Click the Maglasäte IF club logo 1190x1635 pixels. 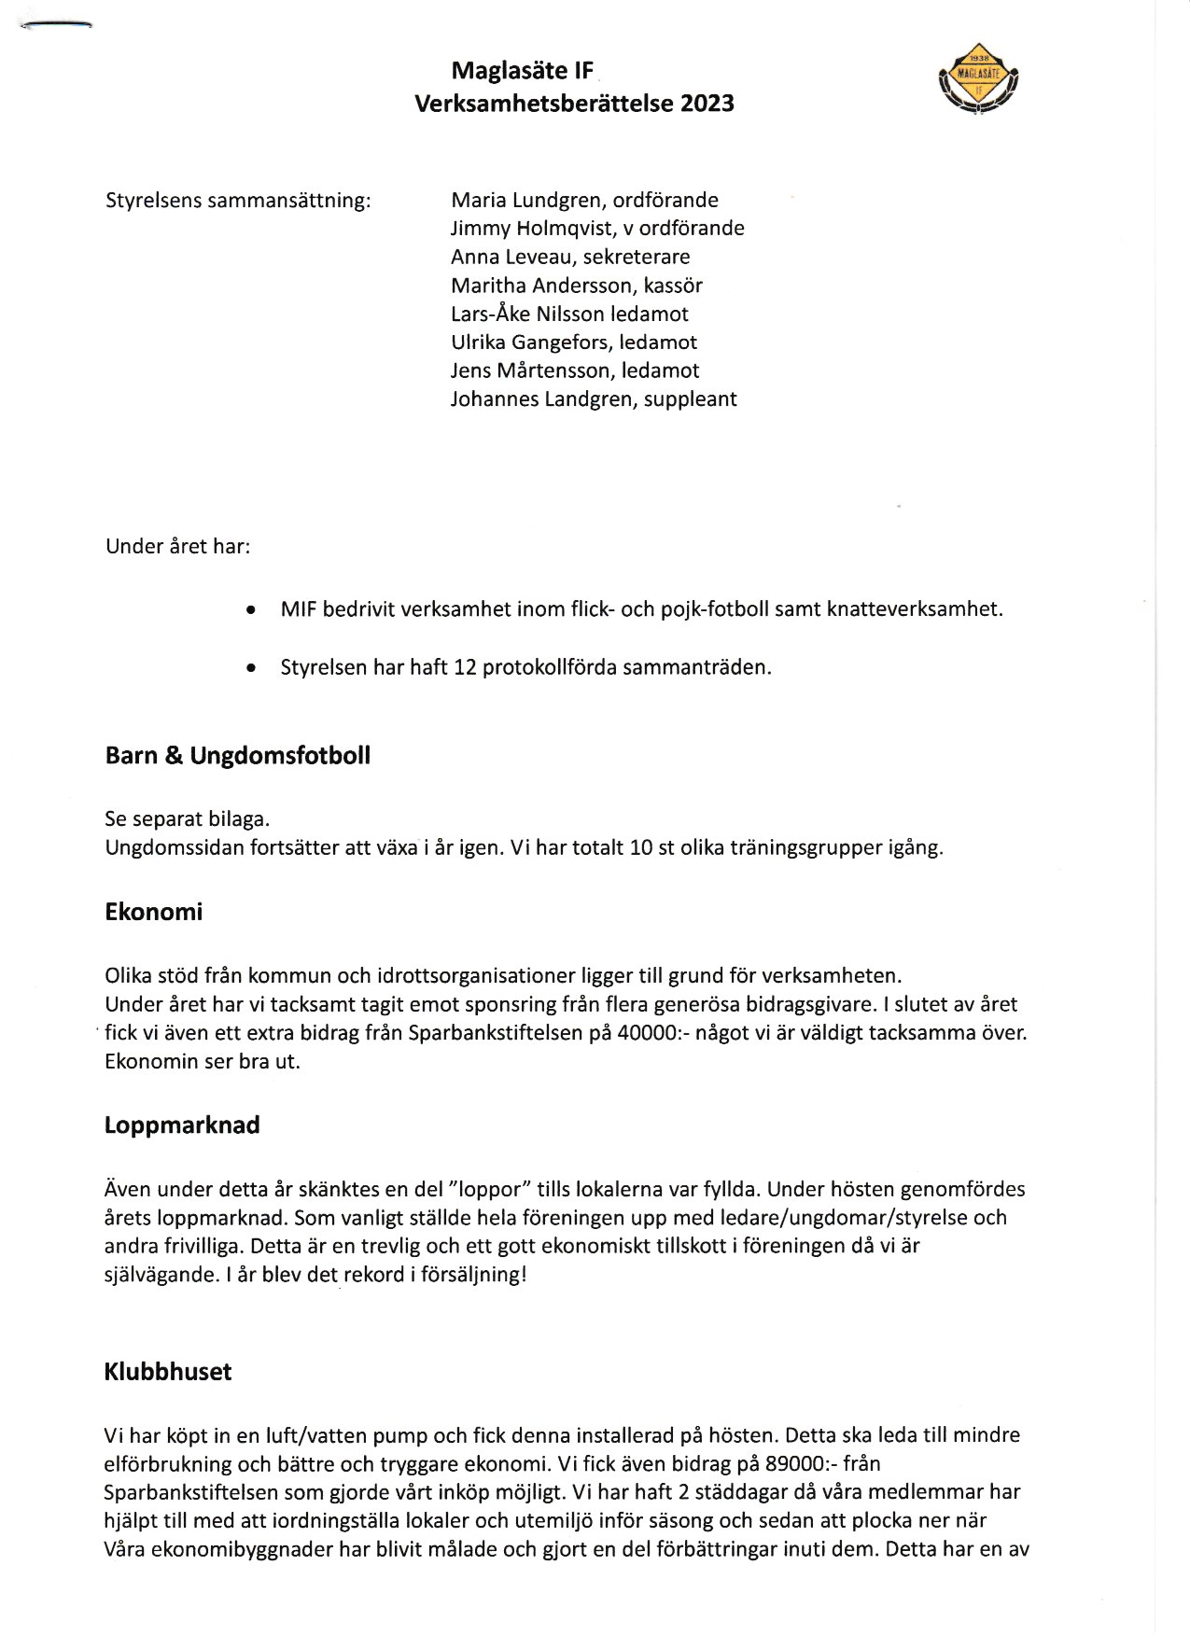pos(977,79)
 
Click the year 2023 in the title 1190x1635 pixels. pos(707,104)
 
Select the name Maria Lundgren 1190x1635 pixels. pos(525,201)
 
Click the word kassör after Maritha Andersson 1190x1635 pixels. pos(673,286)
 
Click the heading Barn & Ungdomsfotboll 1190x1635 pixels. pos(237,756)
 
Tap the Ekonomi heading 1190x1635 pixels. pos(153,912)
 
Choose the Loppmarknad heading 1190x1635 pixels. pos(182,1125)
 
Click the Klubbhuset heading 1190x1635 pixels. pos(168,1373)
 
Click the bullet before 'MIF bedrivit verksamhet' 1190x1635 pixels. pos(250,610)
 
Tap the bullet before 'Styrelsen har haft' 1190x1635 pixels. pos(250,668)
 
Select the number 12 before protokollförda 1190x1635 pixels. pos(465,668)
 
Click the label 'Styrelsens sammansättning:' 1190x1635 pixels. pos(238,201)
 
